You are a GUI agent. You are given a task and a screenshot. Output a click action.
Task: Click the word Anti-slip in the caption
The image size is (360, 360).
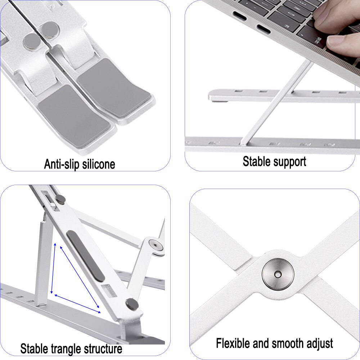coord(62,164)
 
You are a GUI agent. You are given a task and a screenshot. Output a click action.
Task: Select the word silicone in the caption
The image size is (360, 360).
coord(98,164)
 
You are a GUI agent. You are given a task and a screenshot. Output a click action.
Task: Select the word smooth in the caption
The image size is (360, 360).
coord(284,343)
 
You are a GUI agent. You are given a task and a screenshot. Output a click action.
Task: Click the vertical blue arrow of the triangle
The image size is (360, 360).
coord(53,268)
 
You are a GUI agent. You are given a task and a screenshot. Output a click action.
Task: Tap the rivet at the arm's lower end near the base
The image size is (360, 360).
coord(132,305)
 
